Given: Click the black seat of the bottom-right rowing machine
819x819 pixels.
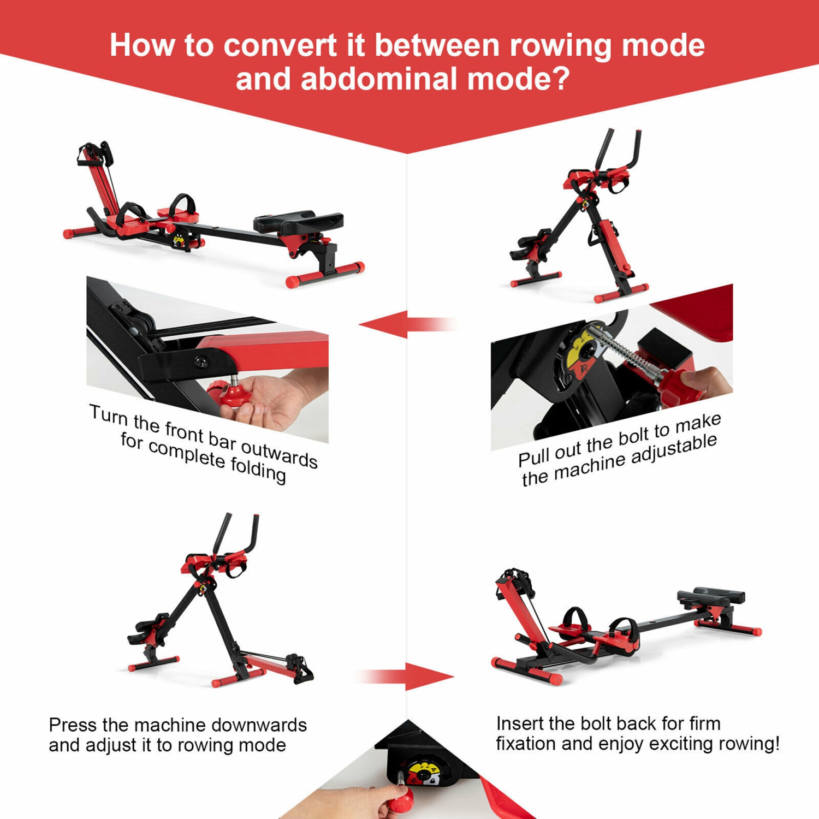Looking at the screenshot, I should (x=711, y=597).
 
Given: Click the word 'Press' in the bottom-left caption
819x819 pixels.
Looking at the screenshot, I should (x=73, y=725).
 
